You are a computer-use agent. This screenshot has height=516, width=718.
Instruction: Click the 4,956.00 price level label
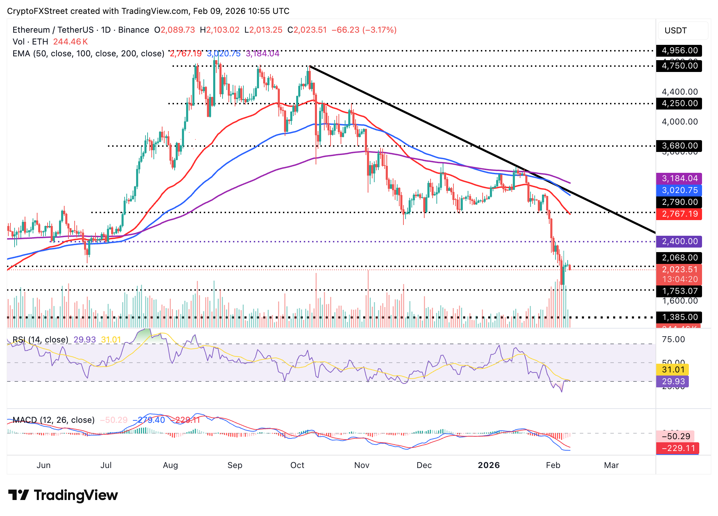pyautogui.click(x=679, y=50)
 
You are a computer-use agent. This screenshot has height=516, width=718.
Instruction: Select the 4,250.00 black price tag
pyautogui.click(x=679, y=104)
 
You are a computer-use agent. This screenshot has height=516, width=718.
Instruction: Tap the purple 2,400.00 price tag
pyautogui.click(x=679, y=241)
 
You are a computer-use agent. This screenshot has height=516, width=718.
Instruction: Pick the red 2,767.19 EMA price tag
pyautogui.click(x=679, y=214)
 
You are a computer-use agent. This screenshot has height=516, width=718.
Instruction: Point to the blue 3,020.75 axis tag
pyautogui.click(x=679, y=190)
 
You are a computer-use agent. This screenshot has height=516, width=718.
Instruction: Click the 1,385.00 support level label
pyautogui.click(x=679, y=317)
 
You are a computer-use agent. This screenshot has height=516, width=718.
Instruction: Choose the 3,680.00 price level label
pyautogui.click(x=679, y=146)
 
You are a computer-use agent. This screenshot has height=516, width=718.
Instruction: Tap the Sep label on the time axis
pyautogui.click(x=235, y=465)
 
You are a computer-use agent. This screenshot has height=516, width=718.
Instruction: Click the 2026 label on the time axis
pyautogui.click(x=489, y=465)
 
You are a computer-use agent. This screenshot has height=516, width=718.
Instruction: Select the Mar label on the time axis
pyautogui.click(x=611, y=465)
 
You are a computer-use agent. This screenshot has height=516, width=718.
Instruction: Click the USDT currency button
pyautogui.click(x=675, y=31)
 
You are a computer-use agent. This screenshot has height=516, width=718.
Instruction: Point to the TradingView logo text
pyautogui.click(x=76, y=495)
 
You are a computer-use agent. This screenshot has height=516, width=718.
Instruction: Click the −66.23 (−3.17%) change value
pyautogui.click(x=364, y=30)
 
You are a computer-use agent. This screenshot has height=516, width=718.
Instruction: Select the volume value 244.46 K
pyautogui.click(x=70, y=42)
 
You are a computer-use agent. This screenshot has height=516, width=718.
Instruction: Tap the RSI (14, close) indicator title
pyautogui.click(x=40, y=340)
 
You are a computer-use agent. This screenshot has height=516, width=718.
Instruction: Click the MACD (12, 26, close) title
pyautogui.click(x=53, y=420)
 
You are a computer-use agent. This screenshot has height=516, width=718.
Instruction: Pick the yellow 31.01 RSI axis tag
pyautogui.click(x=673, y=370)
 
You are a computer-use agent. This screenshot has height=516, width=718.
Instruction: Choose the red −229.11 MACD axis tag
pyautogui.click(x=677, y=448)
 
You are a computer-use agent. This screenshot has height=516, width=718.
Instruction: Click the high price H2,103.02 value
pyautogui.click(x=219, y=30)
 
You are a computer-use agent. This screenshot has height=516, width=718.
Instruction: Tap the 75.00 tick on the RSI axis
pyautogui.click(x=673, y=339)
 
